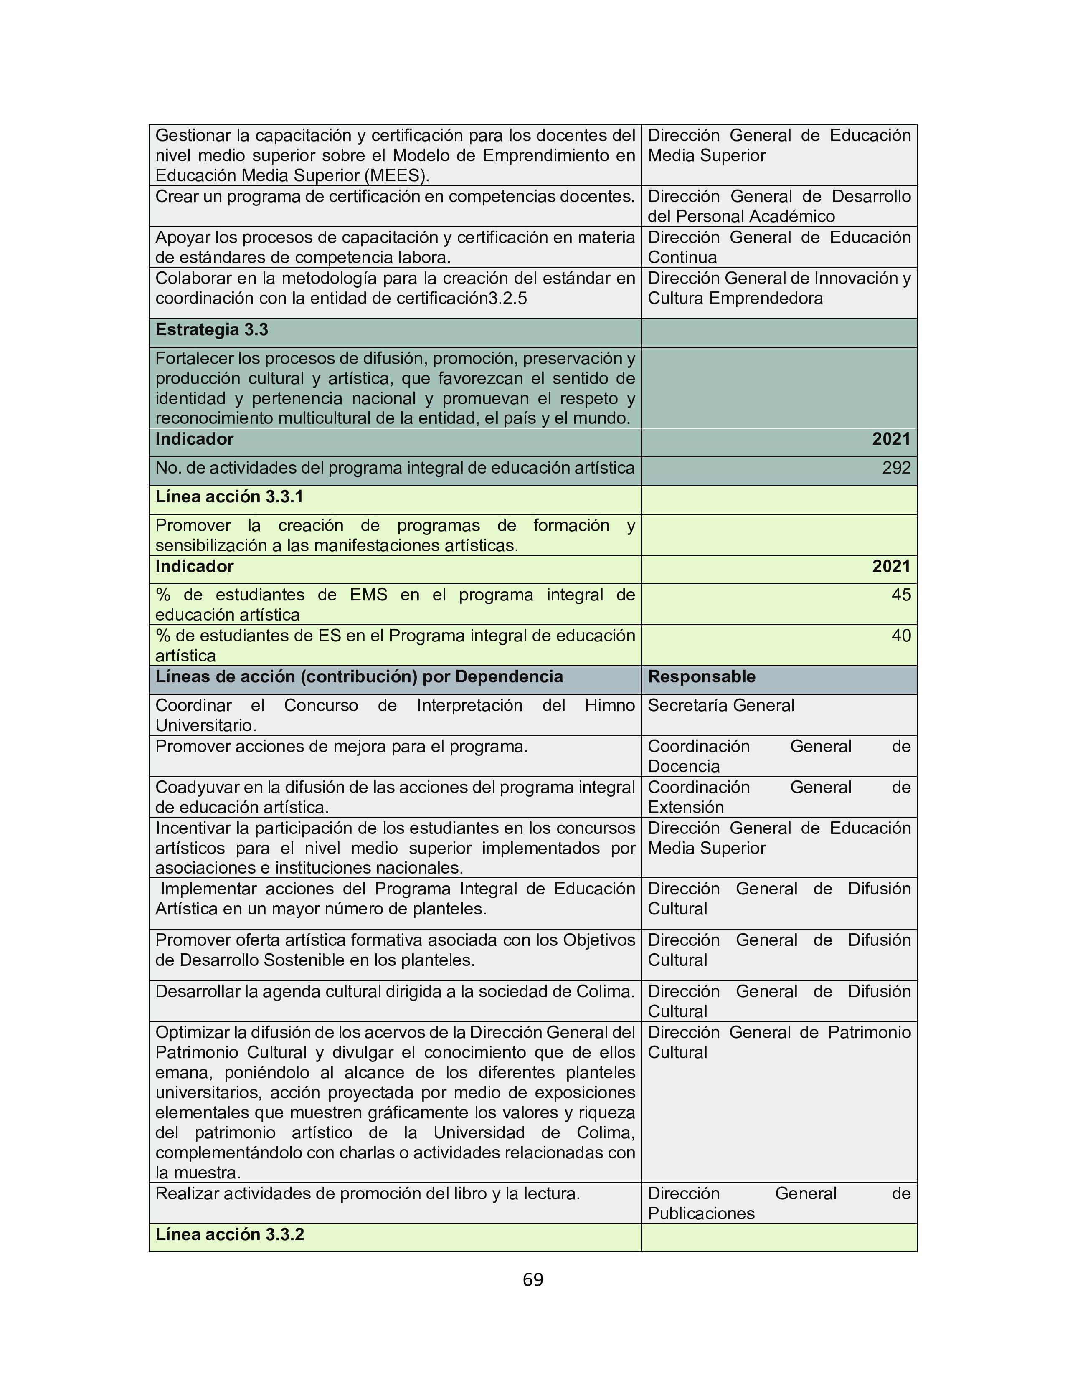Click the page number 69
coord(532,1279)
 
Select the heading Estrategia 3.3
coord(211,329)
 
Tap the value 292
coord(896,468)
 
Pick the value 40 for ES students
coord(901,636)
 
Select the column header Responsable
coord(701,676)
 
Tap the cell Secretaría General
coord(720,705)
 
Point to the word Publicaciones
coord(700,1213)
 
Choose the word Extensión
coord(685,807)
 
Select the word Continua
coord(682,257)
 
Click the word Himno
coord(609,705)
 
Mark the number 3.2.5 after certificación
coord(508,299)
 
